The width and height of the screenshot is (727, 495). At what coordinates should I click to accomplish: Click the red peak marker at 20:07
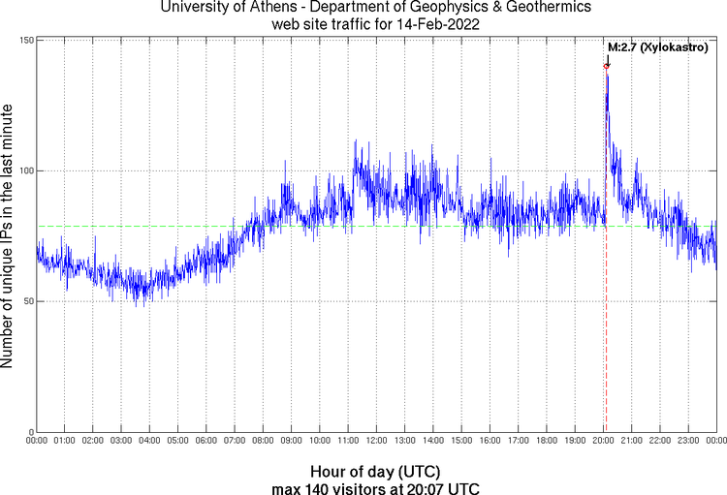click(607, 66)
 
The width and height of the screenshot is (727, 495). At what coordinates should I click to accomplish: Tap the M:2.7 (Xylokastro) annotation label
click(657, 46)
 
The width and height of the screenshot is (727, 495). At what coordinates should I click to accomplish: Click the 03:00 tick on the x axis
click(121, 441)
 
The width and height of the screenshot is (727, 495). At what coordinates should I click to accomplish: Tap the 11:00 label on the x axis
click(348, 441)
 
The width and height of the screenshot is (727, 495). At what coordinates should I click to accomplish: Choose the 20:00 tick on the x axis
click(603, 441)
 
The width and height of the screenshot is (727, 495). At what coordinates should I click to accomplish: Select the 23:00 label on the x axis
click(688, 441)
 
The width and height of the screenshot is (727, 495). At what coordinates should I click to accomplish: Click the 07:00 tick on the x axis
click(235, 441)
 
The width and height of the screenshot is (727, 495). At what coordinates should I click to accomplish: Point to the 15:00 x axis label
click(461, 441)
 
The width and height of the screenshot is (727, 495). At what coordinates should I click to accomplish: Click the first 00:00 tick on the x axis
click(37, 441)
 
